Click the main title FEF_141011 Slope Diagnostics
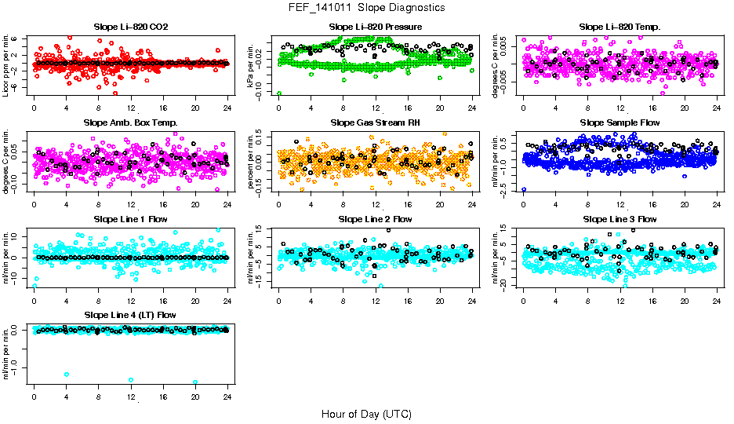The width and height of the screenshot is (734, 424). [366, 7]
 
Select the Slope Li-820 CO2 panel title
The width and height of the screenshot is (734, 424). [130, 27]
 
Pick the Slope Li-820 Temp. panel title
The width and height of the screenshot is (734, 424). [620, 27]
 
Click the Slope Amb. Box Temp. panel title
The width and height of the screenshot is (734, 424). [130, 122]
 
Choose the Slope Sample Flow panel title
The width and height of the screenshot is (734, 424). [620, 122]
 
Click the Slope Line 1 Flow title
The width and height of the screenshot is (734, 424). [130, 219]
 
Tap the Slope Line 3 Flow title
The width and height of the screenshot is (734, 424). [620, 219]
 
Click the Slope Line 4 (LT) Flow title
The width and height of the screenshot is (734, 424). [130, 315]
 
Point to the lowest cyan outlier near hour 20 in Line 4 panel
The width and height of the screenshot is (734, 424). [195, 382]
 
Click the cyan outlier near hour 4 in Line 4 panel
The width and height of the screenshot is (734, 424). [67, 375]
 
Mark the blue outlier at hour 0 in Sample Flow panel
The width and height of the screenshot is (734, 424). [524, 190]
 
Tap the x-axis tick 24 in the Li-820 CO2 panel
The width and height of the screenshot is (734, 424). [227, 108]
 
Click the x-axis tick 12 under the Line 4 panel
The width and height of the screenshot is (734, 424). [131, 396]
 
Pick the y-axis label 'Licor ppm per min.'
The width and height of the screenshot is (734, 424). [7, 65]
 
